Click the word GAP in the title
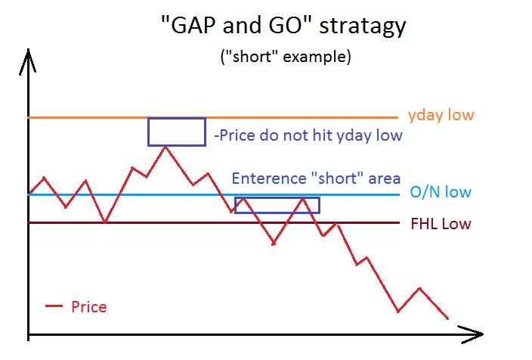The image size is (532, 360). [193, 25]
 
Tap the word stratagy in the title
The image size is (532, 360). [363, 26]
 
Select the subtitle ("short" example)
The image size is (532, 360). [286, 57]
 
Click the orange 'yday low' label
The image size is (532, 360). [441, 115]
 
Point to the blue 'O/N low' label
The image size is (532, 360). [441, 192]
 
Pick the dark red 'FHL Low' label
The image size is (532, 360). [441, 224]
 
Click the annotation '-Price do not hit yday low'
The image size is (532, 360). [308, 135]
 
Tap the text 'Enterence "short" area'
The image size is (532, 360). [316, 178]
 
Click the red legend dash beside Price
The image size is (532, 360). [54, 306]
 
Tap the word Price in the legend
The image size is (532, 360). [89, 306]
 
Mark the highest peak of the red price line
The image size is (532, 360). [165, 147]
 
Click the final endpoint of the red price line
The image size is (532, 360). [447, 318]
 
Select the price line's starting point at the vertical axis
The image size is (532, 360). [30, 193]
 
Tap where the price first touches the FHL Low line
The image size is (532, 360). [105, 222]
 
